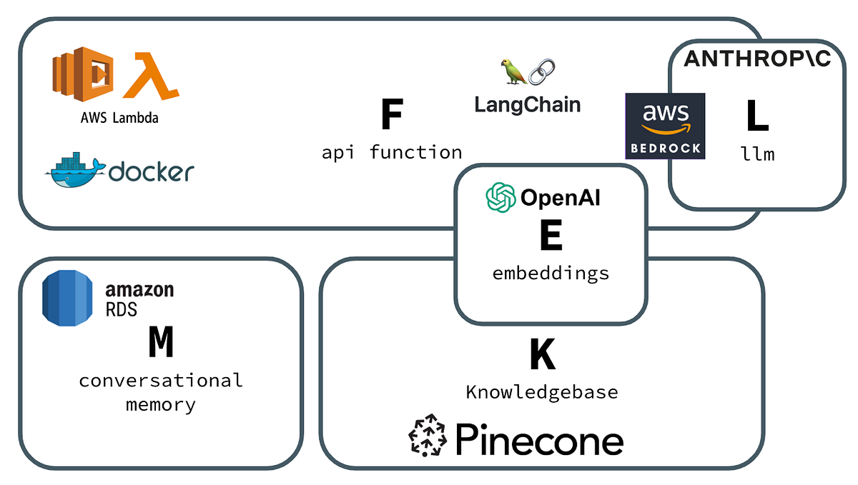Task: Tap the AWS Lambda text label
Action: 119,118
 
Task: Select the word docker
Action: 152,171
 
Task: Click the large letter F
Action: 391,114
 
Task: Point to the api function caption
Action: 391,152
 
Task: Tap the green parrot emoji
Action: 513,72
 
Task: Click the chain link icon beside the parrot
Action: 543,72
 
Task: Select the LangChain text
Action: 528,104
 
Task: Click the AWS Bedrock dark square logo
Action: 665,126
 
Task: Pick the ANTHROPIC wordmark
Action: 757,59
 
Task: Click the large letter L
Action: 757,117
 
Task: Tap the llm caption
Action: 758,154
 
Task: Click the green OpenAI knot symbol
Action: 501,197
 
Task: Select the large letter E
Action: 551,236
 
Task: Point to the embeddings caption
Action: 551,273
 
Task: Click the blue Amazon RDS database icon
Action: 69,299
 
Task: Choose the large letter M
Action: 161,344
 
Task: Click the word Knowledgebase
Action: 542,392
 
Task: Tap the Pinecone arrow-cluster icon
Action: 428,435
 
